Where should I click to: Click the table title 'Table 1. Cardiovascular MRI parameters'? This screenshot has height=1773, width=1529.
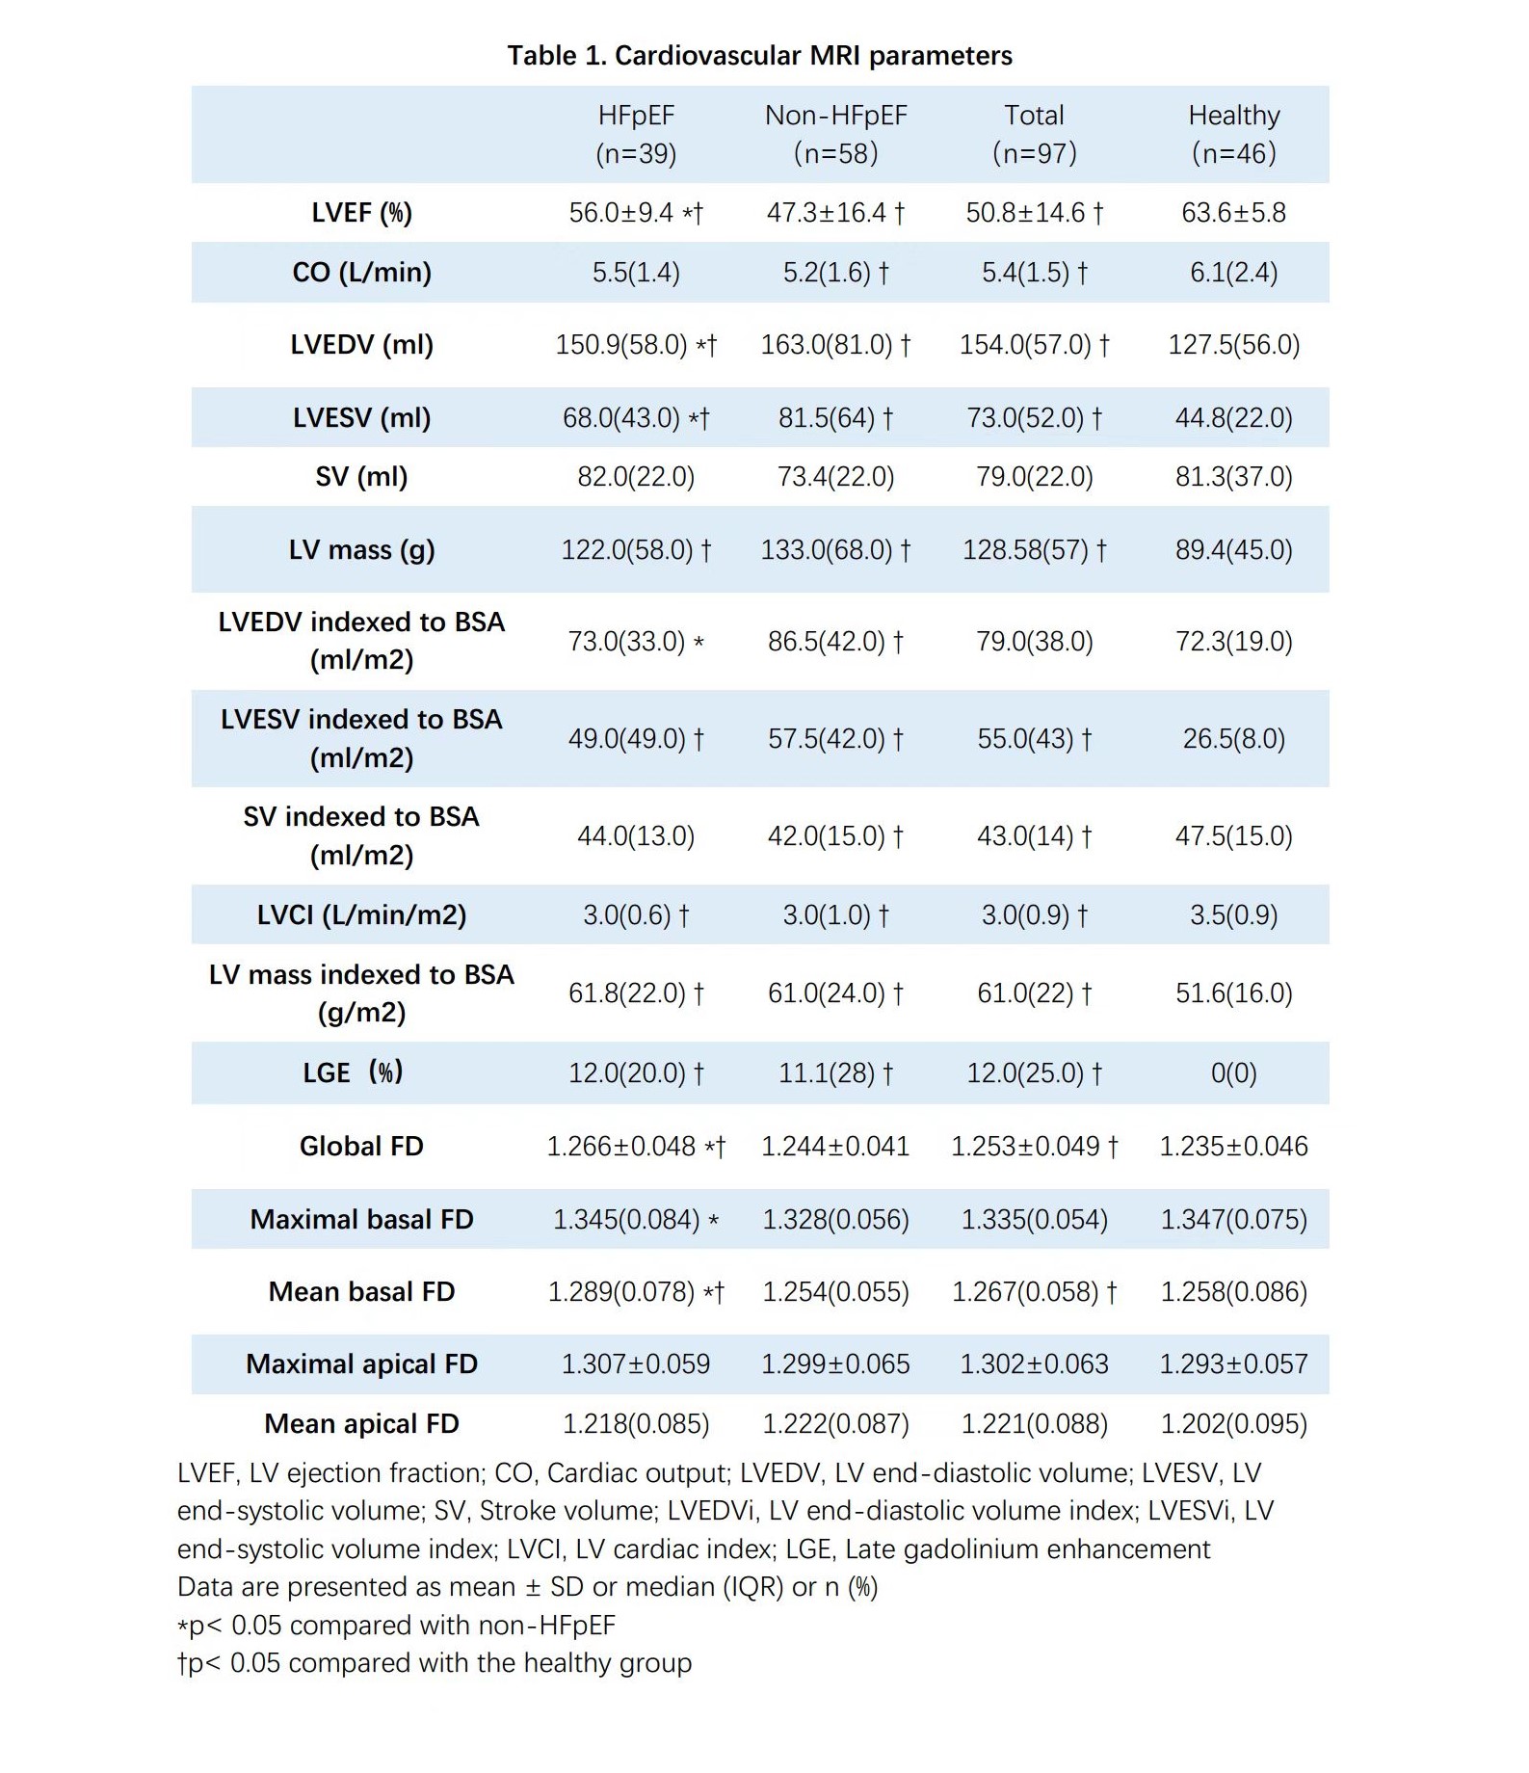coord(759,56)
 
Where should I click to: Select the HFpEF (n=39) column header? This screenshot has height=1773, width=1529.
coord(636,134)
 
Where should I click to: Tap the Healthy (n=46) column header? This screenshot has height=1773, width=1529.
coord(1233,134)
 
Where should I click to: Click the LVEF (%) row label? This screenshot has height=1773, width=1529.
coord(361,213)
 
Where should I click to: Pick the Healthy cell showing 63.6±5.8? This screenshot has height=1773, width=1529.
coord(1233,213)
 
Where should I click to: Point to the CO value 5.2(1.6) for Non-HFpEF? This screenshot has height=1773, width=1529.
coord(834,273)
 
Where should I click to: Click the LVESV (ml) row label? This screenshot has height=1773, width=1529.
coord(361,418)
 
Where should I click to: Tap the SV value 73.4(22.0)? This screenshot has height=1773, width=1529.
coord(835,477)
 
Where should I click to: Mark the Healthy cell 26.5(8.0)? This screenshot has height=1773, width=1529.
coord(1233,739)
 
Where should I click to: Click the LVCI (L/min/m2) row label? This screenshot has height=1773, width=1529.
coord(361,914)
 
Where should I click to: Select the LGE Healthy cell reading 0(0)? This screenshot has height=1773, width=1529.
coord(1233,1072)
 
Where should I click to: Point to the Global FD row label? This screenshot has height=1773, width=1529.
coord(361,1147)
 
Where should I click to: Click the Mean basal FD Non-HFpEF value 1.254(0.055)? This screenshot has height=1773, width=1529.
coord(835,1292)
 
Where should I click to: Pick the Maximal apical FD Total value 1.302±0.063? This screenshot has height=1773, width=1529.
coord(1034,1364)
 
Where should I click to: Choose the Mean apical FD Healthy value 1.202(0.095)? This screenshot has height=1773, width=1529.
coord(1233,1424)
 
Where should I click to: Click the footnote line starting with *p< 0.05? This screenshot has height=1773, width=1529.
coord(396,1626)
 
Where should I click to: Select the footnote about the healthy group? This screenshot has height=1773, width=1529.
coord(435,1663)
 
